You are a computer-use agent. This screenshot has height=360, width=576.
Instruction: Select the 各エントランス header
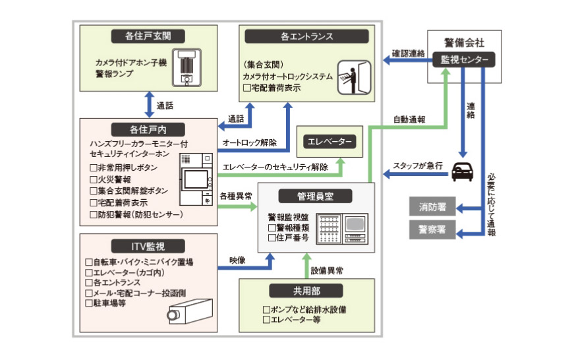click(x=307, y=36)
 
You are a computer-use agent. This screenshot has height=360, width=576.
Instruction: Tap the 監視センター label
click(x=464, y=60)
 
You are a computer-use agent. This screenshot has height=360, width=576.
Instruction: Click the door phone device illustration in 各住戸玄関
click(x=187, y=67)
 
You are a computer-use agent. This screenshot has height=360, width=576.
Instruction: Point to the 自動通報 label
click(x=409, y=120)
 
